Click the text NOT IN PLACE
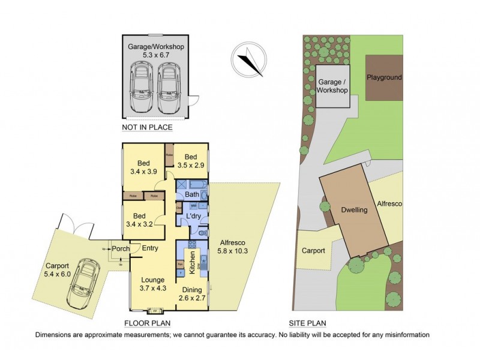tap(147, 127)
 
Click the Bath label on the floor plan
tap(192, 195)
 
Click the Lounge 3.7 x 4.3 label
tap(152, 284)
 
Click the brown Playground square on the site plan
tap(384, 78)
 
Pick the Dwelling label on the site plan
tap(354, 211)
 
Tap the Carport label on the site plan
tap(313, 251)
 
